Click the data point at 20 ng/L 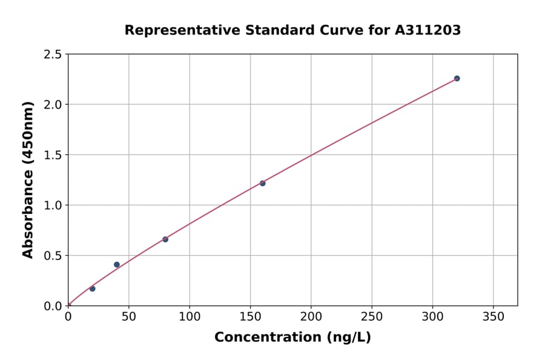92,288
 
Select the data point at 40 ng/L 117,265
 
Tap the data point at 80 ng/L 165,239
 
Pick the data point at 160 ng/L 262,183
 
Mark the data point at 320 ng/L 457,78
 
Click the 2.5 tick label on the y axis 53,55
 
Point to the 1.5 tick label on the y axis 53,155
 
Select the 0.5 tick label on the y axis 53,256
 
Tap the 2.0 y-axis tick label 53,105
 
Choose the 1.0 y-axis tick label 53,205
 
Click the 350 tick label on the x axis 493,317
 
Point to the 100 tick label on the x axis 190,317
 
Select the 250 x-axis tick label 372,317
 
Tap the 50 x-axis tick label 128,317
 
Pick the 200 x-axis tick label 311,317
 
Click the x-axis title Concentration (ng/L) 292,338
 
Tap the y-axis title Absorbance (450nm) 28,179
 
